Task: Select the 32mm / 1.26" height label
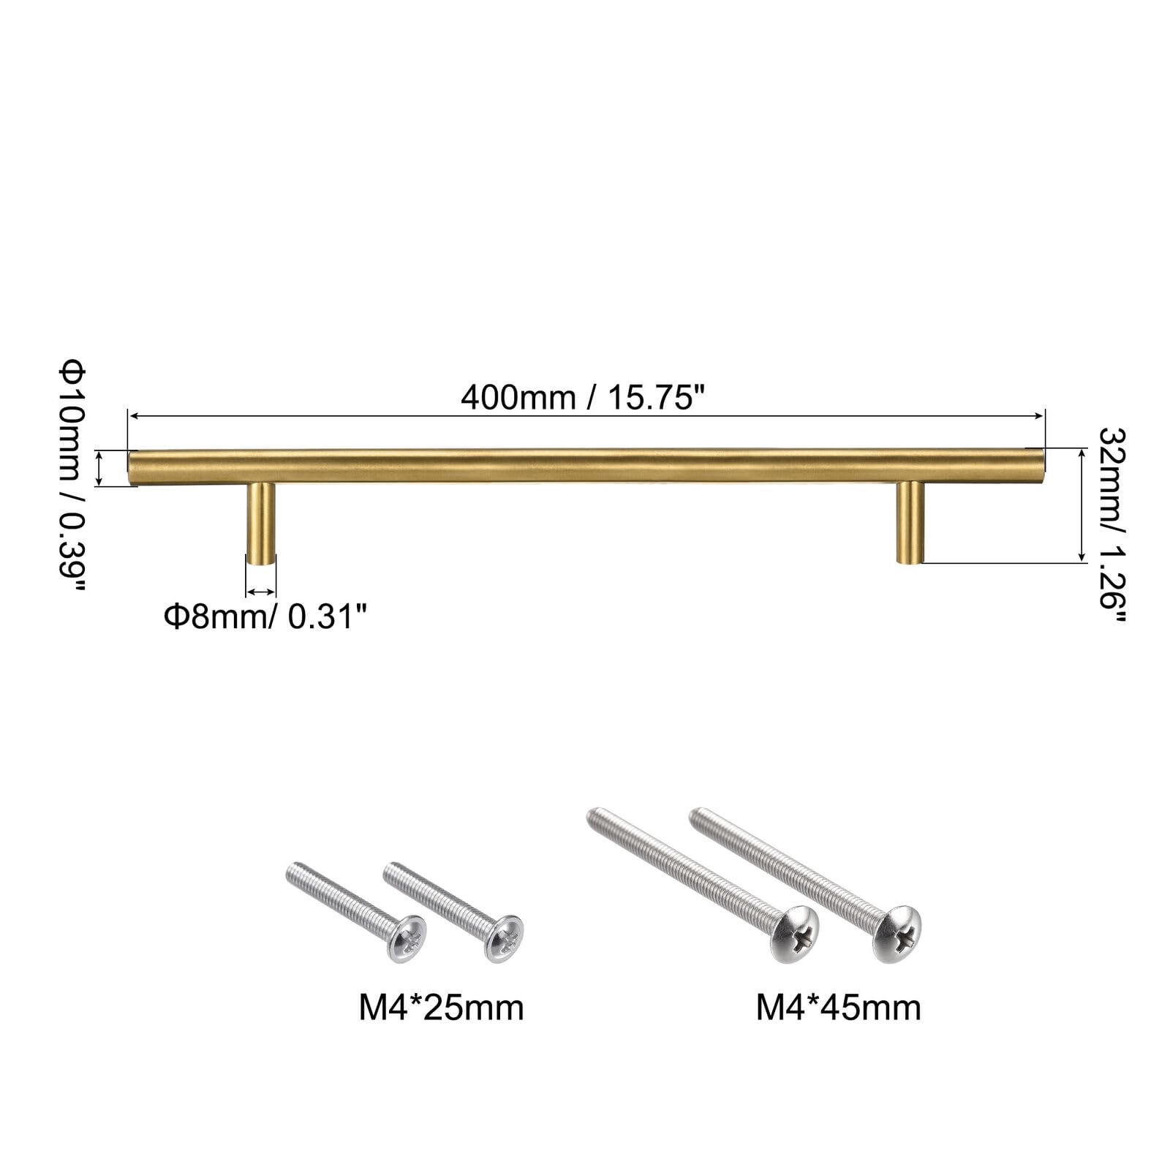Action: pos(1112,524)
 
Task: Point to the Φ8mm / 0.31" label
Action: pos(264,616)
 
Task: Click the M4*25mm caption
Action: pos(441,1008)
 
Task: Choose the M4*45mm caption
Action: pos(838,1008)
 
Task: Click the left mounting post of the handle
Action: pos(261,523)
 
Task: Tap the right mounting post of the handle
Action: pos(910,522)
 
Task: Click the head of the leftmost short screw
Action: pos(407,938)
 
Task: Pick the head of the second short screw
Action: pos(504,938)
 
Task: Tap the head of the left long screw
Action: pos(796,935)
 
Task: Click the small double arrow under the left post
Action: pos(261,592)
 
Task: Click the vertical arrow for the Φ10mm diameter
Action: pos(101,468)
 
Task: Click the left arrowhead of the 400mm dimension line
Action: pos(132,416)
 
